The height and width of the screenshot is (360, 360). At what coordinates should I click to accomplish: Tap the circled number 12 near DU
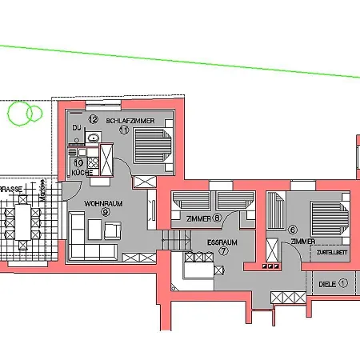(x=93, y=119)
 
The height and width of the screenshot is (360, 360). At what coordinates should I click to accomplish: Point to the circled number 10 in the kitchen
(x=78, y=162)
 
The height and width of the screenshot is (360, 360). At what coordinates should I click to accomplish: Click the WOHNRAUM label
(x=103, y=203)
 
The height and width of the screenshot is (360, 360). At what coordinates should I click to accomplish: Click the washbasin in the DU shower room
(x=94, y=138)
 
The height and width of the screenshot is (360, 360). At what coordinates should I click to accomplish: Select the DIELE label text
(x=326, y=282)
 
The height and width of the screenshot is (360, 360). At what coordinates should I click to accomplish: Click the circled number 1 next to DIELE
(x=343, y=282)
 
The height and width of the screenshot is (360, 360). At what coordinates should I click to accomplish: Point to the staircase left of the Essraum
(x=174, y=239)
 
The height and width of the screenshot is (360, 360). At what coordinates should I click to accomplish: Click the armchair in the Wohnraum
(x=112, y=230)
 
